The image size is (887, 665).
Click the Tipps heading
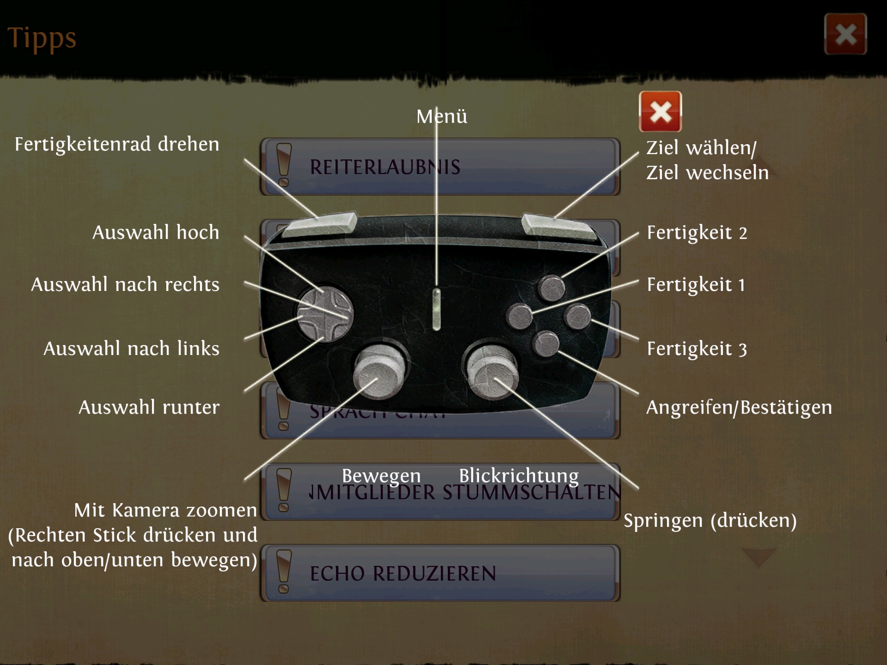tap(42, 38)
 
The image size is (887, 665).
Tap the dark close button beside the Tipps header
tap(845, 34)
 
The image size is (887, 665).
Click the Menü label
tap(442, 116)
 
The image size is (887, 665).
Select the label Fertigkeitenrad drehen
tap(117, 144)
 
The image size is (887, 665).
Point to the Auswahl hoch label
tap(156, 232)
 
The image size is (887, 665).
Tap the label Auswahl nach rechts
tap(125, 284)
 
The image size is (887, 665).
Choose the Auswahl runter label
tap(149, 407)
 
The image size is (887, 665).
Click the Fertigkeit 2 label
tap(697, 232)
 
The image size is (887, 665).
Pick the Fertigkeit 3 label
tap(697, 349)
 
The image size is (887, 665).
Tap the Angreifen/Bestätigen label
tap(739, 407)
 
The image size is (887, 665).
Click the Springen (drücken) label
tap(710, 520)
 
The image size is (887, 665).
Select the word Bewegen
tap(381, 475)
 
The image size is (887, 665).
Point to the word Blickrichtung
tap(519, 475)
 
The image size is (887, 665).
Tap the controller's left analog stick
tap(378, 373)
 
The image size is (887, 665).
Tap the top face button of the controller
tap(551, 288)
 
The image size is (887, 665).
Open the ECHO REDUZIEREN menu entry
tap(440, 573)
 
